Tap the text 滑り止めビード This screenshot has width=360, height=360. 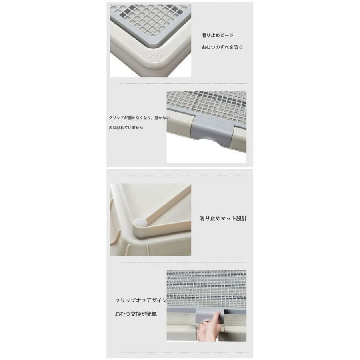pyautogui.click(x=218, y=35)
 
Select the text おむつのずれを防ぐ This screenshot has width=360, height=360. pyautogui.click(x=222, y=47)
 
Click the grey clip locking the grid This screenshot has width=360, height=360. pyautogui.click(x=213, y=130)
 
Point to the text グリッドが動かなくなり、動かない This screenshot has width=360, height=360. pyautogui.click(x=139, y=118)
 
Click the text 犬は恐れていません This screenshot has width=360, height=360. pyautogui.click(x=126, y=128)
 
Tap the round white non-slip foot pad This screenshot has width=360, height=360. pyautogui.click(x=140, y=222)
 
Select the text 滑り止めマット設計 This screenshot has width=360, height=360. pyautogui.click(x=223, y=218)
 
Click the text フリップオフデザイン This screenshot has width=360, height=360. pyautogui.click(x=141, y=300)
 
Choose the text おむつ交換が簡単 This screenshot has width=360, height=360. pyautogui.click(x=136, y=314)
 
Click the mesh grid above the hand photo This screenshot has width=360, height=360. pyautogui.click(x=206, y=289)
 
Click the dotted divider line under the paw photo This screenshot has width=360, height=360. pyautogui.click(x=183, y=84)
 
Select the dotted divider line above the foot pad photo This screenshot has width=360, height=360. pyautogui.click(x=183, y=176)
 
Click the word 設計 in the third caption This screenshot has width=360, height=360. pyautogui.click(x=241, y=218)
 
